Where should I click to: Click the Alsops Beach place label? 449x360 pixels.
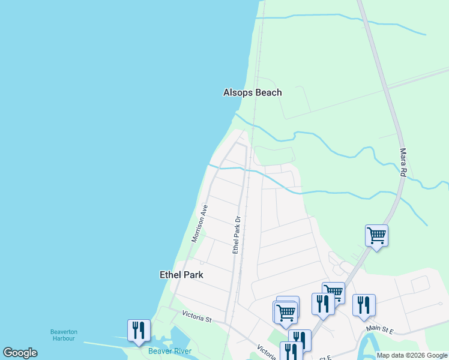(252, 92)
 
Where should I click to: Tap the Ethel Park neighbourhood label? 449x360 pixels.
(181, 275)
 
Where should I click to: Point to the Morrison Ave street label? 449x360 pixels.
(199, 223)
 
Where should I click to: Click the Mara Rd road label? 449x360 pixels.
(403, 162)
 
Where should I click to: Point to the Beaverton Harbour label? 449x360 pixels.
(62, 335)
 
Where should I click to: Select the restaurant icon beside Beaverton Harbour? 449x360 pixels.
(139, 330)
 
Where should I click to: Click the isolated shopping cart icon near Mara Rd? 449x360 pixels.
(376, 235)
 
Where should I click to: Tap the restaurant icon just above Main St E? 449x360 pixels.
(364, 305)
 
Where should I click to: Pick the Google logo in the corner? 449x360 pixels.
(20, 353)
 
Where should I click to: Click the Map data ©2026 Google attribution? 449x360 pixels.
(412, 355)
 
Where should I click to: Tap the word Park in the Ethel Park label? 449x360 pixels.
(193, 275)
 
